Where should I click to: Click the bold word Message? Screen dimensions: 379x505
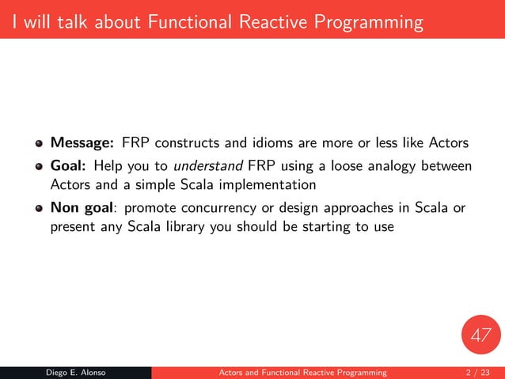pos(83,143)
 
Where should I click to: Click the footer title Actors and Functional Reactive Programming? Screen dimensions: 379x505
pos(302,372)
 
